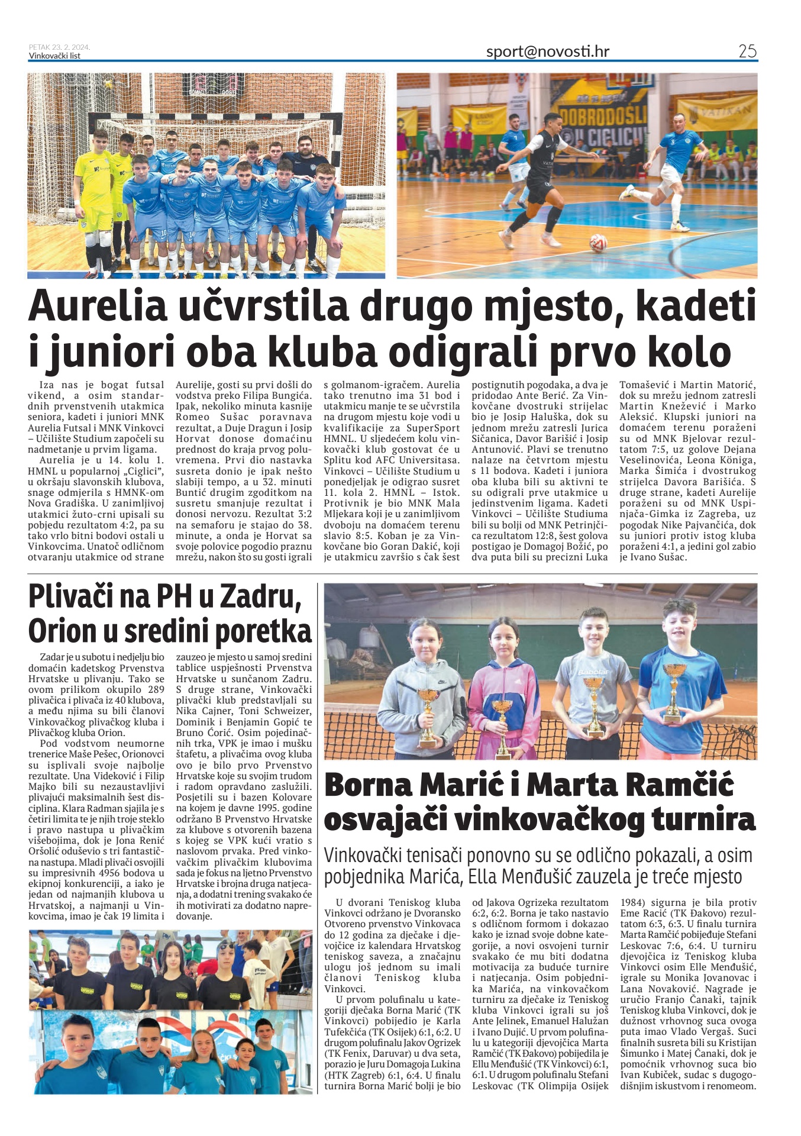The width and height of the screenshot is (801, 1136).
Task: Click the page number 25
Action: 747,51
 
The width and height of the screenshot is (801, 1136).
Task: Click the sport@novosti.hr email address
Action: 547,51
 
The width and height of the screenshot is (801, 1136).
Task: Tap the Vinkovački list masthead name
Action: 54,56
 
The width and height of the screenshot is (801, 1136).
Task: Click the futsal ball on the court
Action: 597,242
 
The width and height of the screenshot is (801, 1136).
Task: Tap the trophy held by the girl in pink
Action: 502,728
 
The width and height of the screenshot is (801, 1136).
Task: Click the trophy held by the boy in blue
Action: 673,692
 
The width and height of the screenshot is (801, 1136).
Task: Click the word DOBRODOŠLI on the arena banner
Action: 602,116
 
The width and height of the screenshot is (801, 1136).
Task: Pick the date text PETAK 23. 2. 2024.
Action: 59,47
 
